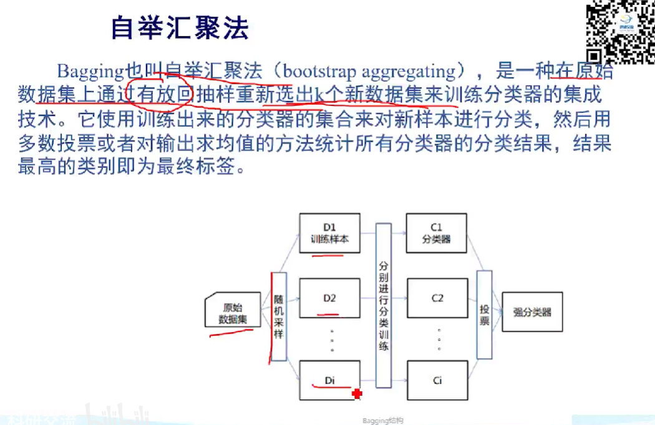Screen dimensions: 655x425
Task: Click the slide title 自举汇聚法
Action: (180, 27)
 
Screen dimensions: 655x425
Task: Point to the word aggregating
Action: (412, 71)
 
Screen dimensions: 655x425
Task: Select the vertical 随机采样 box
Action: (278, 316)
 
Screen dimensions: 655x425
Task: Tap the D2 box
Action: (329, 298)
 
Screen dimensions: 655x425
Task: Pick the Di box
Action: (329, 379)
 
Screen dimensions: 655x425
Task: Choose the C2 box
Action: (437, 298)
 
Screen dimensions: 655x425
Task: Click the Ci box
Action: (437, 379)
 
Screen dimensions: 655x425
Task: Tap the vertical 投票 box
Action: (485, 315)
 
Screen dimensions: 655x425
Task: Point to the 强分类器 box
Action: (532, 312)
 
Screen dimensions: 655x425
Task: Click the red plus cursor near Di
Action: (357, 394)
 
